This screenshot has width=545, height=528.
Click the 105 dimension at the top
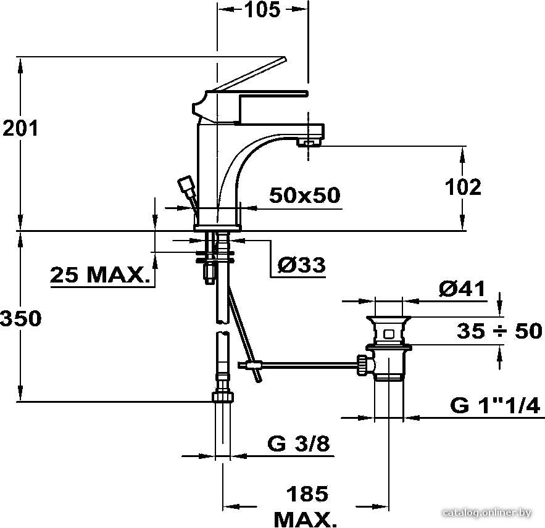point(262,10)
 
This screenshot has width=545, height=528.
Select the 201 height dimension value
point(20,128)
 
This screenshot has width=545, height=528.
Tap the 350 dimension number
point(20,318)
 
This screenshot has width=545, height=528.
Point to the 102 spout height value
point(464,188)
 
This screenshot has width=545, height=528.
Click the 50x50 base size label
point(305,195)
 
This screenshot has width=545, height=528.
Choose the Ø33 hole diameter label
point(302,265)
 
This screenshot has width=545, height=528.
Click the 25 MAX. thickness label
point(99,275)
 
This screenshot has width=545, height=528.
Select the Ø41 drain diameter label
point(462,289)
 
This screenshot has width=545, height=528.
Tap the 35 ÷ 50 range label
point(499,331)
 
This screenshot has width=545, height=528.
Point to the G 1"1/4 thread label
point(495,405)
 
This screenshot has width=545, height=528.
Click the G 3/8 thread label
point(299,443)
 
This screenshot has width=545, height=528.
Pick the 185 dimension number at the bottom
point(307,493)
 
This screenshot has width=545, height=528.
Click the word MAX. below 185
point(306,519)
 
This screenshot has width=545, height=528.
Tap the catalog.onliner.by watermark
point(488,513)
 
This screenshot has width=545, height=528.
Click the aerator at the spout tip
point(309,142)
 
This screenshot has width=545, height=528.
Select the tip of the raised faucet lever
point(284,59)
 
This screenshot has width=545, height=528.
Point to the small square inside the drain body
point(389,334)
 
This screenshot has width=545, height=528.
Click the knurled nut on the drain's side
point(362,365)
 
